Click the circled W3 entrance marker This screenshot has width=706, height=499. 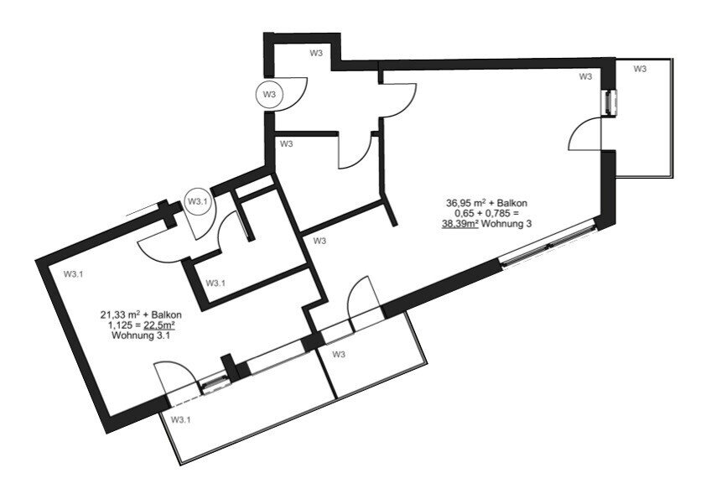click(269, 95)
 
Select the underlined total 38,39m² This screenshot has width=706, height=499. click(459, 224)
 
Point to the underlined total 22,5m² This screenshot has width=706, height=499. click(162, 325)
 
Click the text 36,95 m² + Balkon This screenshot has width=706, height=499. click(486, 203)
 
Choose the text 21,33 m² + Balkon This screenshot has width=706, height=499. click(141, 314)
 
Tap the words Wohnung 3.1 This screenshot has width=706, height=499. click(141, 335)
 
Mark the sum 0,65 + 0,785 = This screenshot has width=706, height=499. click(486, 214)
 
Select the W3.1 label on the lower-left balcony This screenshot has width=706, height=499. click(181, 419)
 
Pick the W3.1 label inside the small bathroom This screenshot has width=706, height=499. click(215, 283)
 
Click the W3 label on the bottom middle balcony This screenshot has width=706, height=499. click(339, 355)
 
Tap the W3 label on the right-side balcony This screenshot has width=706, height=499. click(640, 69)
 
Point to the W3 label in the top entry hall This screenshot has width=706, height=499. click(316, 53)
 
